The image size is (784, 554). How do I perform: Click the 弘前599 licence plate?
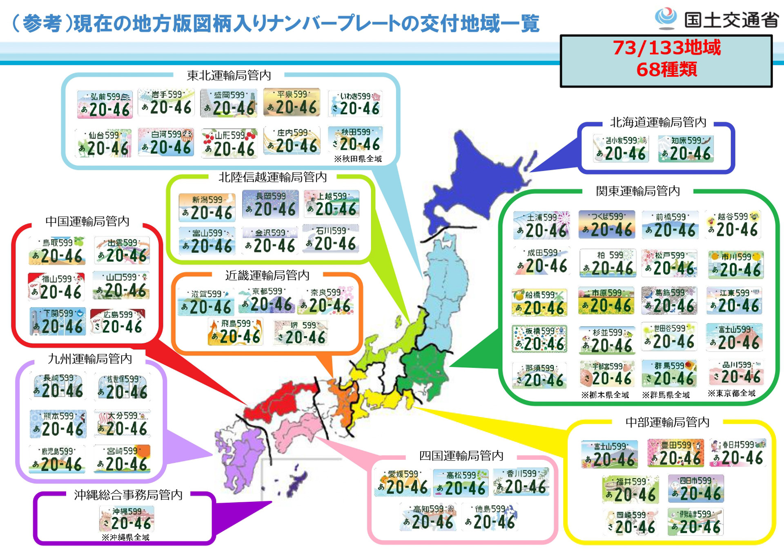tap(105, 104)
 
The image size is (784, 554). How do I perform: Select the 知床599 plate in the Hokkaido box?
tap(686, 148)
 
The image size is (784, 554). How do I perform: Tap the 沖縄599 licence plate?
tap(127, 519)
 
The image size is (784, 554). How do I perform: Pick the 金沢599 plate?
tap(269, 241)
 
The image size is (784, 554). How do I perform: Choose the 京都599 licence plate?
tap(266, 300)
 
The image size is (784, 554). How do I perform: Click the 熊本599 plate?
tap(58, 424)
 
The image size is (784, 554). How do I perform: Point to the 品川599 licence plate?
tap(736, 372)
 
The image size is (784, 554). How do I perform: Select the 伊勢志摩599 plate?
tap(695, 522)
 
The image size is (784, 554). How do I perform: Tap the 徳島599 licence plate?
tap(491, 517)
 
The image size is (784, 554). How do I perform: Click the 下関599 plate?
tap(58, 321)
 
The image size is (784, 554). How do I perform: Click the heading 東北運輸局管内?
tap(229, 75)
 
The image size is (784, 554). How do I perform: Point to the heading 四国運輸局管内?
tap(461, 455)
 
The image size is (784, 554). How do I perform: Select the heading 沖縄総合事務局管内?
tap(128, 494)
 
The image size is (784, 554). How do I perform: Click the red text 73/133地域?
tap(666, 48)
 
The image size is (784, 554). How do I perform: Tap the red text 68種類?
tap(666, 69)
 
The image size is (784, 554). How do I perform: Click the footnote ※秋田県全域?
tap(358, 159)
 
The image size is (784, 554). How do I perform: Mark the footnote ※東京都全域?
tap(731, 393)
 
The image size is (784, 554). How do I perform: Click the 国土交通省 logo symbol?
tap(666, 18)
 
